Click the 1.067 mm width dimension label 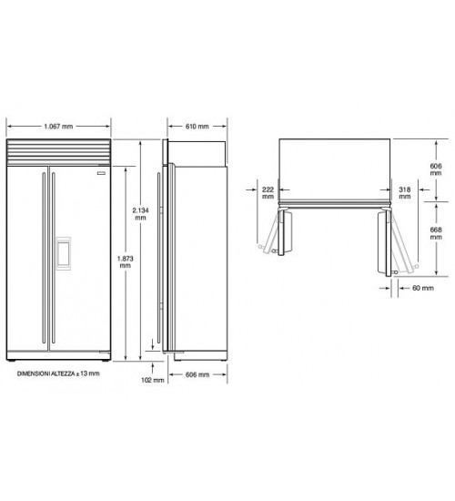[x=58, y=127]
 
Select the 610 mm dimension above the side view [x=197, y=127]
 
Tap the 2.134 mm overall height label [x=140, y=214]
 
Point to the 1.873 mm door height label [x=126, y=261]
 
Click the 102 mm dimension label [x=153, y=380]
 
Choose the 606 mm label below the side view [x=197, y=374]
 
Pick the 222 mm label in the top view [x=268, y=193]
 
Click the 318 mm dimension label [x=405, y=193]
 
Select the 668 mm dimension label [x=436, y=233]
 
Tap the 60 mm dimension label [x=423, y=288]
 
